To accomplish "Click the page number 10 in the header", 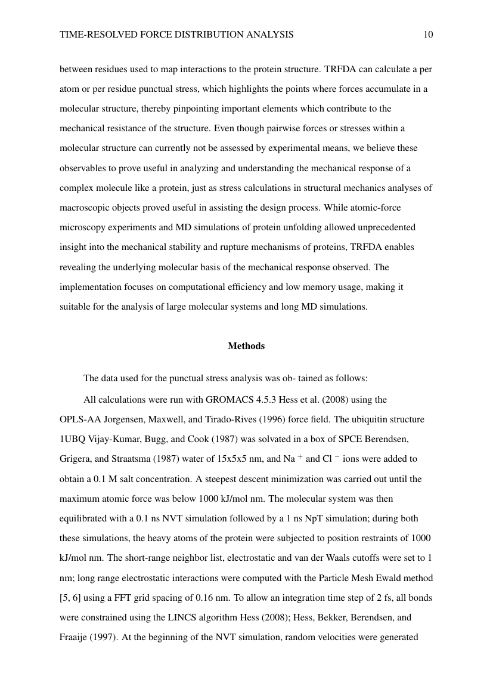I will tap(428, 35).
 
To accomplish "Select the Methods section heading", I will tap(246, 346).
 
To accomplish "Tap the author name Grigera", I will tap(76, 459).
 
